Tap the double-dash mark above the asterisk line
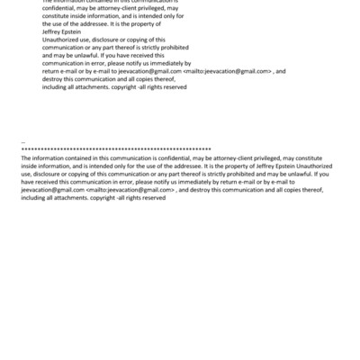click(x=22, y=142)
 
